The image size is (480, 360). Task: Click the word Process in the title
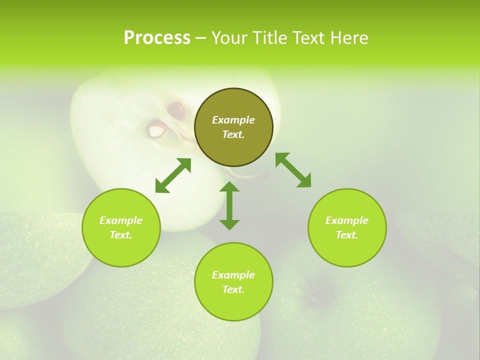click(157, 38)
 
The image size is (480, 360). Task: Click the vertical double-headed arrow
click(229, 205)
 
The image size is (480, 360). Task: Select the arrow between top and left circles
click(173, 175)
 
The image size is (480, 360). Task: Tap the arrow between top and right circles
click(293, 170)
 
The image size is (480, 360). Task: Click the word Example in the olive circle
click(233, 120)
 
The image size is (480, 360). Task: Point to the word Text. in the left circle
click(121, 235)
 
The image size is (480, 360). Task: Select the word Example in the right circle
click(347, 220)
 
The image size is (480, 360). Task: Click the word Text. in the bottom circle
click(233, 289)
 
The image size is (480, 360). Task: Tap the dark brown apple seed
click(176, 109)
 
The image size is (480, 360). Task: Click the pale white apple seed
click(156, 130)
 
